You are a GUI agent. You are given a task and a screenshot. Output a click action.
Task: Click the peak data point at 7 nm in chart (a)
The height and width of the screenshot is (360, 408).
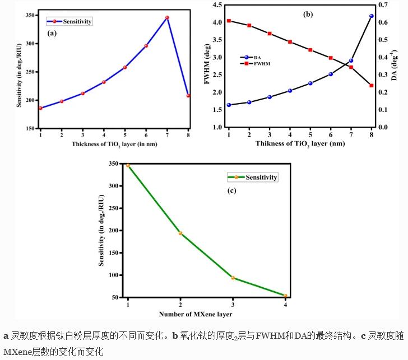click(x=167, y=17)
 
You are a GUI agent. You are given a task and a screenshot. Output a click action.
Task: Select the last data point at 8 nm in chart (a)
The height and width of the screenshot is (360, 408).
click(x=188, y=96)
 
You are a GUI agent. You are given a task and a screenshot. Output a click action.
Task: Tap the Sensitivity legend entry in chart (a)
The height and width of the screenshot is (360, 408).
click(x=69, y=21)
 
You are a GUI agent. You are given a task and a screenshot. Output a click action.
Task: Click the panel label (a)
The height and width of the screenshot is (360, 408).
click(x=52, y=33)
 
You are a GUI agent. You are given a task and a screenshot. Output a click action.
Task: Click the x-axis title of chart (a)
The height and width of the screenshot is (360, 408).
click(x=114, y=144)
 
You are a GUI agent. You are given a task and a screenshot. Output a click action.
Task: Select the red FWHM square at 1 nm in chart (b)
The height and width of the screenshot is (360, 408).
click(x=229, y=21)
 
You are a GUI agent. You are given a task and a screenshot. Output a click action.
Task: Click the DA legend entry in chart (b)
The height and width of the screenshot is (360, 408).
click(x=252, y=57)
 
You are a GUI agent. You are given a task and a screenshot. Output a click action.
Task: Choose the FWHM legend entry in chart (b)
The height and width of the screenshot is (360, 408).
click(x=255, y=64)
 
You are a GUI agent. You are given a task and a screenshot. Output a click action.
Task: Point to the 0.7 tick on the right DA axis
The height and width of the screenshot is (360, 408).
click(x=383, y=5)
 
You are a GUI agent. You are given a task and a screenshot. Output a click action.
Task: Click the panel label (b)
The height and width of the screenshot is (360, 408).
click(x=308, y=15)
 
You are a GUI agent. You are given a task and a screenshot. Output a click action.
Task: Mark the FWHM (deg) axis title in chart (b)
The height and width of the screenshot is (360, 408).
click(x=207, y=65)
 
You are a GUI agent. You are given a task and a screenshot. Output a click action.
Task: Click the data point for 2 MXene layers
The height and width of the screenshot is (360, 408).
click(x=180, y=233)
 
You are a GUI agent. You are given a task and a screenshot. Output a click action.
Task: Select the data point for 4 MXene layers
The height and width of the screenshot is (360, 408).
click(x=285, y=296)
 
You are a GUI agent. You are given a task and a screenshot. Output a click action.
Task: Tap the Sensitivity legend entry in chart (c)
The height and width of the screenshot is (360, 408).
click(x=253, y=177)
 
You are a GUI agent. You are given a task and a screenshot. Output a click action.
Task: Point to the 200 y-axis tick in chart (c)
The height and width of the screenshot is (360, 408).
click(x=113, y=231)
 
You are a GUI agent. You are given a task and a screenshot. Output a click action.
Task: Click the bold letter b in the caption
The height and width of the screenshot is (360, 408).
click(x=175, y=336)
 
